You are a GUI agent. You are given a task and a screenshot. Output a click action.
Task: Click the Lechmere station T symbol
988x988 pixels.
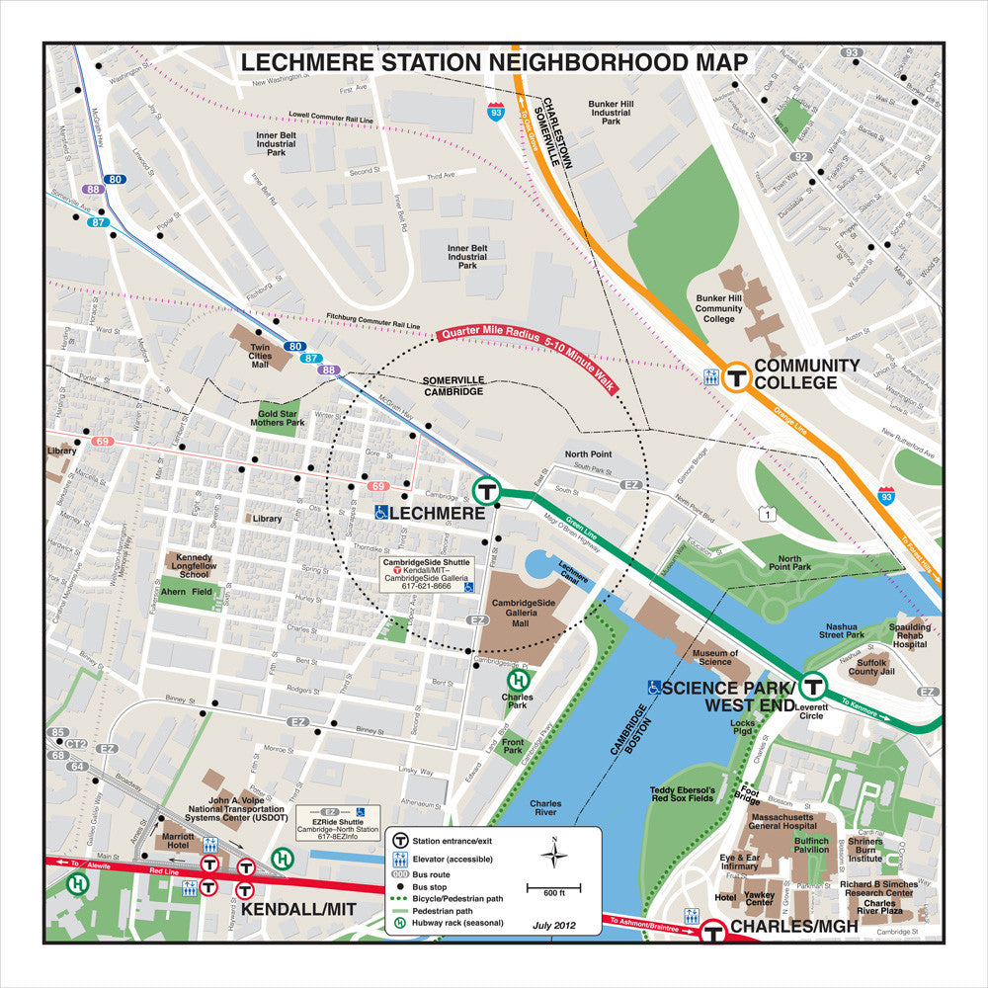(x=485, y=490)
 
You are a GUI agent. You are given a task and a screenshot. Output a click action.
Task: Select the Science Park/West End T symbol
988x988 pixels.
(x=813, y=685)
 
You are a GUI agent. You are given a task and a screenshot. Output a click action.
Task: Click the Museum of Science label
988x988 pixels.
(x=714, y=658)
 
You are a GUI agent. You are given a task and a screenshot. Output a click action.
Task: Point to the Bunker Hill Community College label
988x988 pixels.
(x=718, y=306)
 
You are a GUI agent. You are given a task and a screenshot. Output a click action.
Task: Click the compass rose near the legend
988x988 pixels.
(x=554, y=853)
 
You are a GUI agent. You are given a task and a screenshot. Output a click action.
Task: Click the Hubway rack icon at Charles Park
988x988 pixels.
(x=517, y=680)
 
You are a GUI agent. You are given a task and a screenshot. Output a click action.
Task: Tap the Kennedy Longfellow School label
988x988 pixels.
(x=193, y=565)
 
